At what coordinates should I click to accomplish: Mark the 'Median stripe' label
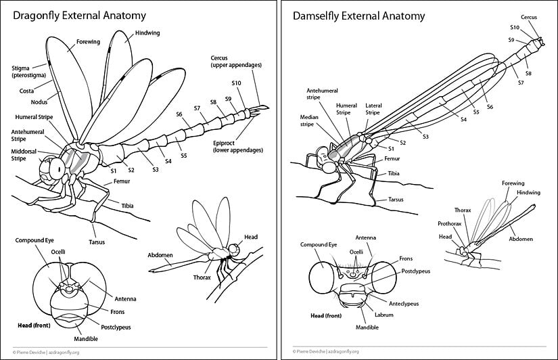click(309, 120)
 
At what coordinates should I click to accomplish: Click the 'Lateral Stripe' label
click(373, 109)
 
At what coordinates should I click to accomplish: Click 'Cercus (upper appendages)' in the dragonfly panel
click(235, 62)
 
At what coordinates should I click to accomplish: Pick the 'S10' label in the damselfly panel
click(514, 28)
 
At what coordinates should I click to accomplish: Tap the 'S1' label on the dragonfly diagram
click(114, 172)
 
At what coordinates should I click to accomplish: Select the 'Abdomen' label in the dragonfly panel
click(160, 254)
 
